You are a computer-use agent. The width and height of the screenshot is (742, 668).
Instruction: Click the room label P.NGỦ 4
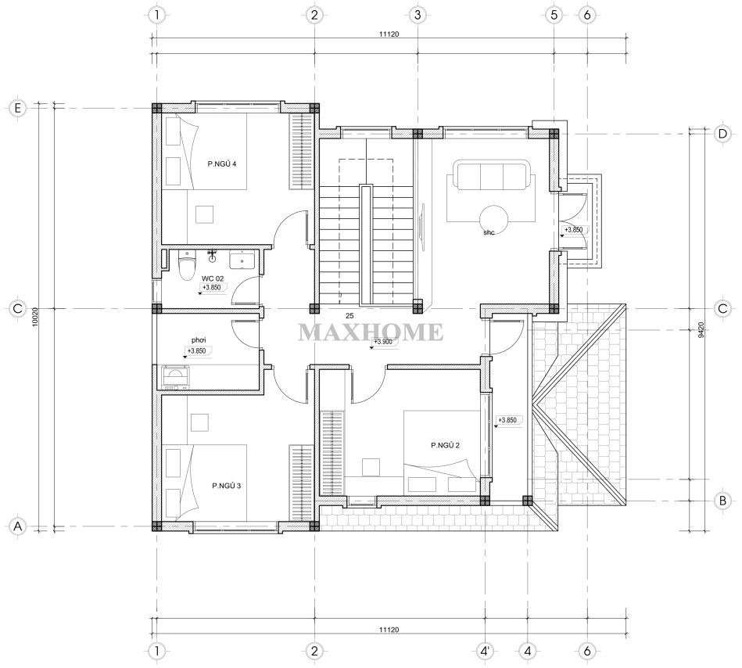pyautogui.click(x=221, y=164)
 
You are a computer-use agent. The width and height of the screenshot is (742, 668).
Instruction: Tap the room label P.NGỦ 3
pyautogui.click(x=226, y=486)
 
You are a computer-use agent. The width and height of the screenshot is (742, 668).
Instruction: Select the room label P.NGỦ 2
pyautogui.click(x=445, y=445)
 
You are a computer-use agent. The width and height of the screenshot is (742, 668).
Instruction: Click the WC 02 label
pyautogui.click(x=213, y=278)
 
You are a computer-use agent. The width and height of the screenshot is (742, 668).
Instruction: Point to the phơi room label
pyautogui.click(x=199, y=340)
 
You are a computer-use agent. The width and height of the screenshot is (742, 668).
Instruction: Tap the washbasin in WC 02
pyautogui.click(x=242, y=260)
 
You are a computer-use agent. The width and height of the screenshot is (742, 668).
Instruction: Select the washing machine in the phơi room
pyautogui.click(x=176, y=378)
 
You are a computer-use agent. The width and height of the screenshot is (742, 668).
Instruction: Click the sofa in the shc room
pyautogui.click(x=491, y=175)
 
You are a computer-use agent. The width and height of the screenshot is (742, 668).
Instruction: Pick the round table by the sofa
pyautogui.click(x=493, y=219)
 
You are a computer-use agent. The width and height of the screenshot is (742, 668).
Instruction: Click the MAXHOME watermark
pyautogui.click(x=371, y=332)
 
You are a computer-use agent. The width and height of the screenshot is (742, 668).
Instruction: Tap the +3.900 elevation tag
pyautogui.click(x=382, y=342)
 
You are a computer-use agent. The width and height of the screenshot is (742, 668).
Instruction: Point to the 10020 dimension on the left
pyautogui.click(x=41, y=316)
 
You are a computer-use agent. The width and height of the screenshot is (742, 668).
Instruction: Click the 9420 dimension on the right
pyautogui.click(x=701, y=329)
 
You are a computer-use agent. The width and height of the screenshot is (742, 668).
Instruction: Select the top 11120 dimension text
pyautogui.click(x=389, y=34)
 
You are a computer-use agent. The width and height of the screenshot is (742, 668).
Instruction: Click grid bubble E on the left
pyautogui.click(x=17, y=109)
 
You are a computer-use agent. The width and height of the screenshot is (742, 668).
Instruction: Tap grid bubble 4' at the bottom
pyautogui.click(x=485, y=651)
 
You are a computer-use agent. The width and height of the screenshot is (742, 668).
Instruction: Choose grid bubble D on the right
pyautogui.click(x=722, y=134)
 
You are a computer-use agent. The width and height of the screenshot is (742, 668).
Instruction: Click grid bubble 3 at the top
pyautogui.click(x=418, y=15)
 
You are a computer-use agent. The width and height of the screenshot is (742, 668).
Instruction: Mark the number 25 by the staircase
pyautogui.click(x=349, y=316)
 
